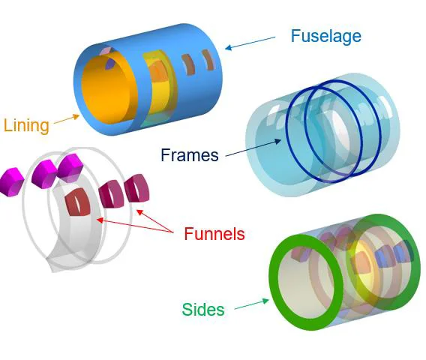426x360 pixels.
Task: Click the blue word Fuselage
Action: pyautogui.click(x=326, y=37)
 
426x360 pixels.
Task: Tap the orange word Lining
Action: pyautogui.click(x=26, y=125)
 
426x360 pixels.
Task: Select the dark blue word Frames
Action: pyautogui.click(x=190, y=154)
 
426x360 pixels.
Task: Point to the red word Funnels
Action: pyautogui.click(x=214, y=233)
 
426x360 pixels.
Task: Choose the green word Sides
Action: pyautogui.click(x=203, y=309)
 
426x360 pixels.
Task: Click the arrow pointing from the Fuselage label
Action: pyautogui.click(x=250, y=43)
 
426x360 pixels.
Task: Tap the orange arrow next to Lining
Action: pyautogui.click(x=67, y=119)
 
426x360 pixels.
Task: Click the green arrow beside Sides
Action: pyautogui.click(x=251, y=304)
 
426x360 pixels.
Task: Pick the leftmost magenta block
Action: pyautogui.click(x=12, y=181)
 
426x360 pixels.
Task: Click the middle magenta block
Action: pyautogui.click(x=45, y=174)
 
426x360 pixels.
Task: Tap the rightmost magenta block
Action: pyautogui.click(x=70, y=167)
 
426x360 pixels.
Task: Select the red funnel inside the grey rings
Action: pyautogui.click(x=78, y=202)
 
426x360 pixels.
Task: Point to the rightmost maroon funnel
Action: pyautogui.click(x=137, y=188)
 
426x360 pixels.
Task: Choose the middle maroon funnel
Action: pyautogui.click(x=112, y=194)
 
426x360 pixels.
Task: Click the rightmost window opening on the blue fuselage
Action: pyautogui.click(x=208, y=60)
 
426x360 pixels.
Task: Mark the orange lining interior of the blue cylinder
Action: pyautogui.click(x=109, y=90)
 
